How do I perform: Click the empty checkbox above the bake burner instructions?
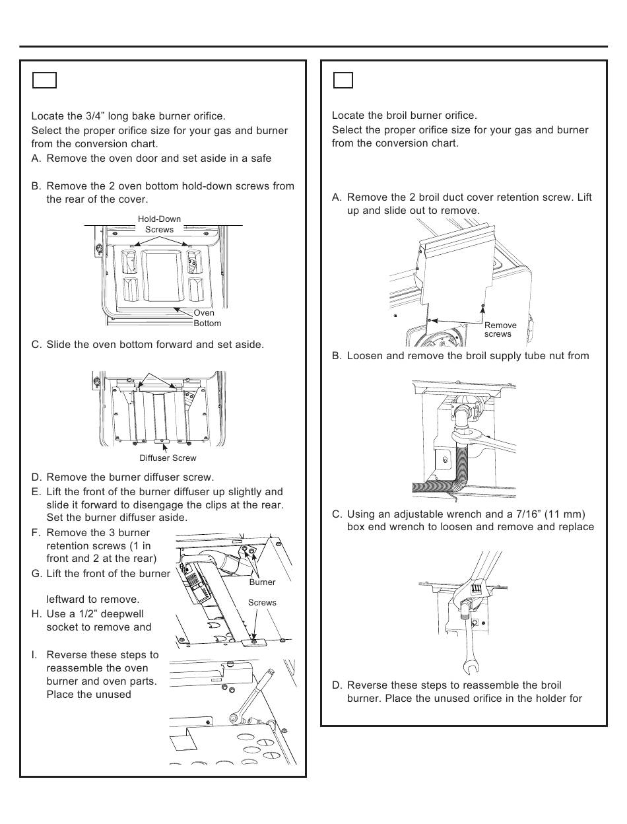click(44, 81)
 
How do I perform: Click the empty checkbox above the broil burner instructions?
click(343, 81)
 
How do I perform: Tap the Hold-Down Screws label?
click(159, 224)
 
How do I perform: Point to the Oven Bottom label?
click(207, 318)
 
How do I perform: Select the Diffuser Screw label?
click(168, 458)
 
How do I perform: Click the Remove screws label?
click(500, 329)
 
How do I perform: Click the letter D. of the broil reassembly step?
click(337, 685)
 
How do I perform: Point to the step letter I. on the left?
click(34, 655)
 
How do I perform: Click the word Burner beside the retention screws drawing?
click(262, 582)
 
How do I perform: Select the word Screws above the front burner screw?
click(262, 603)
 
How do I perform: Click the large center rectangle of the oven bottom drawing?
click(162, 276)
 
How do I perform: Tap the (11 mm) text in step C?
click(564, 514)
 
